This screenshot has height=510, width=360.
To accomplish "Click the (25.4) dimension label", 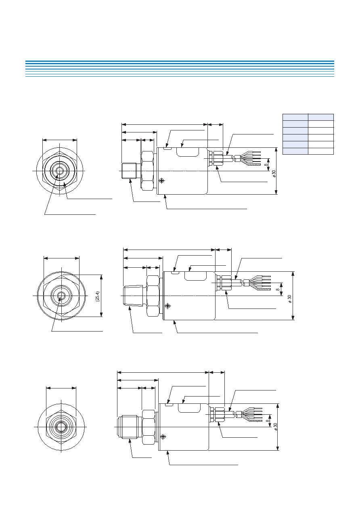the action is [98, 296].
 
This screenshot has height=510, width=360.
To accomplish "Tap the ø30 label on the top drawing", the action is [274, 174].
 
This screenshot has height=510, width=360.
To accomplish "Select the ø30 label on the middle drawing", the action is [290, 299].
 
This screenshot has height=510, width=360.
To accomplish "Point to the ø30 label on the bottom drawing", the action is [275, 427].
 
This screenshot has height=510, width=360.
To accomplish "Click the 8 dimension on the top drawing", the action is [266, 165].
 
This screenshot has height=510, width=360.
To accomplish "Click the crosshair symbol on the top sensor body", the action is [162, 181].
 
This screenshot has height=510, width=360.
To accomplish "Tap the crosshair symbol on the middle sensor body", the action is [168, 306].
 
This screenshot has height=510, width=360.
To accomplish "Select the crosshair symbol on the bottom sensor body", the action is [163, 437].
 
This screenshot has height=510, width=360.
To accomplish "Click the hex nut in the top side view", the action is [147, 171].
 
